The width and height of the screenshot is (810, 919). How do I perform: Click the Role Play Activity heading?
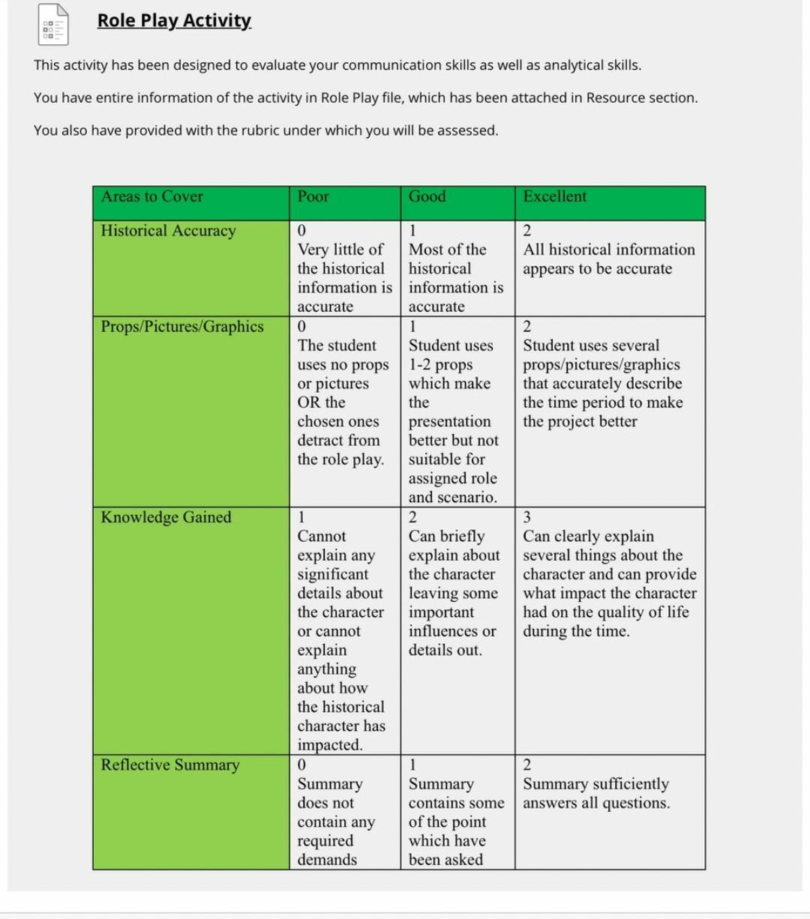tap(174, 20)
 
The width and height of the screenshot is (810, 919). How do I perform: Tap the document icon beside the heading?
tap(53, 25)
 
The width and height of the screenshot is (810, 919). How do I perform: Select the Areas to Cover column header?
tap(152, 196)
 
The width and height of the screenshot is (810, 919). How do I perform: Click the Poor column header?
tap(313, 196)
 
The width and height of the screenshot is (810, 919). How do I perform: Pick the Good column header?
tap(427, 196)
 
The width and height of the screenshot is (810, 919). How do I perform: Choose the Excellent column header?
tap(555, 196)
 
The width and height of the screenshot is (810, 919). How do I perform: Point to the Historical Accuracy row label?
tap(169, 231)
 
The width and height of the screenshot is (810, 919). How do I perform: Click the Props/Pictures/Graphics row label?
tap(182, 327)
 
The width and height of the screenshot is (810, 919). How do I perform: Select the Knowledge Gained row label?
tap(166, 517)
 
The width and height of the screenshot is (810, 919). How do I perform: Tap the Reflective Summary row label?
tap(170, 765)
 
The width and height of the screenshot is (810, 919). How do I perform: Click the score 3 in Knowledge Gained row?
tap(526, 517)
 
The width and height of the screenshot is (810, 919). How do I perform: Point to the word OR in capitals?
tap(308, 403)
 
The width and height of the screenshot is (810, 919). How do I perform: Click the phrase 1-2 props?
tap(440, 365)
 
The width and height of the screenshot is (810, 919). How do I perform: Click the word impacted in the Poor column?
tap(329, 745)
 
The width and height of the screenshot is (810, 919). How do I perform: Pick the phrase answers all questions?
tap(596, 803)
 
